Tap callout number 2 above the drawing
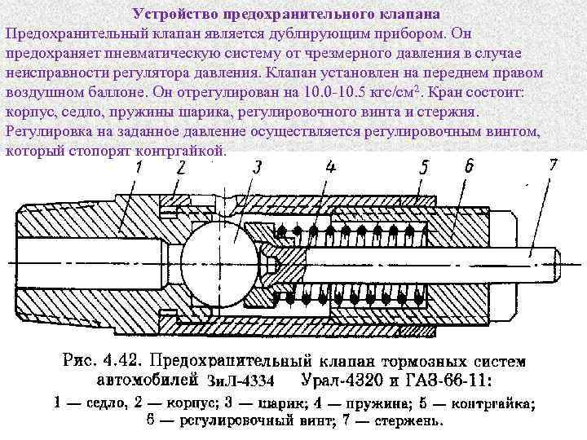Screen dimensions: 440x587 point(181,167)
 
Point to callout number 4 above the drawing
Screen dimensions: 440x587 point(330,168)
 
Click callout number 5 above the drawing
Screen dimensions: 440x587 point(426,167)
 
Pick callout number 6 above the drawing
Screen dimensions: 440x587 point(469,165)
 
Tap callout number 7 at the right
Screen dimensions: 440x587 point(554,164)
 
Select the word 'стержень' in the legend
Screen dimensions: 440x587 point(408,421)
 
